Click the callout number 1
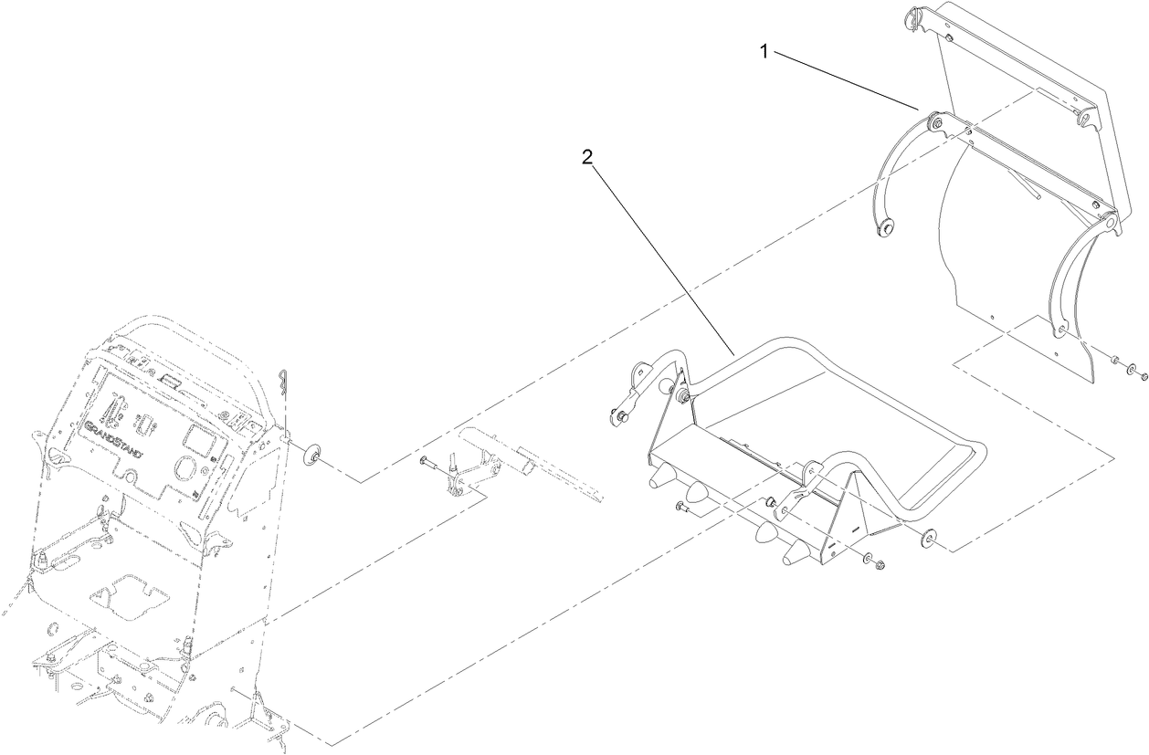click(764, 52)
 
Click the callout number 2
click(587, 156)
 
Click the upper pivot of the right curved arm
click(1108, 222)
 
